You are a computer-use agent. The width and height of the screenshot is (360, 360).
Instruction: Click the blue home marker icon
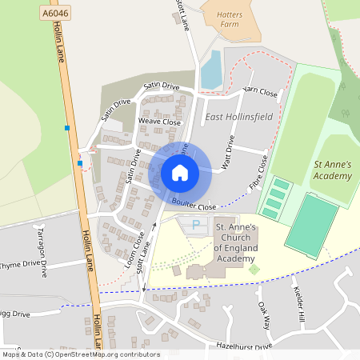coord(180,173)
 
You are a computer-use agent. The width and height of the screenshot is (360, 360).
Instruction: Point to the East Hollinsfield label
coord(238,118)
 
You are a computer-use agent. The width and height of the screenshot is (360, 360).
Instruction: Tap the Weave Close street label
coord(160,121)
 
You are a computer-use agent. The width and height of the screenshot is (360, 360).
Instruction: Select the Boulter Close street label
coord(194,206)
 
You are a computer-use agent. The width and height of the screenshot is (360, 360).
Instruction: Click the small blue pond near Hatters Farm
coord(211,70)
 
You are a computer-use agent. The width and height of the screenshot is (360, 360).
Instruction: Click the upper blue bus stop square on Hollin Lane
coord(67,128)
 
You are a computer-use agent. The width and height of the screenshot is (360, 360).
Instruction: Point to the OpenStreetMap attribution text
coord(80,354)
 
